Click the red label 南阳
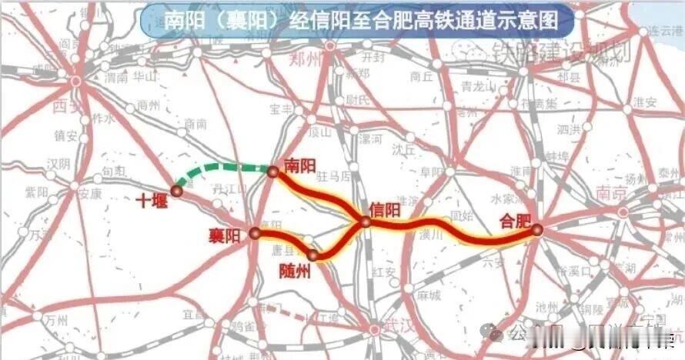[300, 165]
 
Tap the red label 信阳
[385, 210]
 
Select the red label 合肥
[515, 221]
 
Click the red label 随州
[293, 271]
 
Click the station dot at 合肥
[536, 228]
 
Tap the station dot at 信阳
[366, 222]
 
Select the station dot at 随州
[312, 255]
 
